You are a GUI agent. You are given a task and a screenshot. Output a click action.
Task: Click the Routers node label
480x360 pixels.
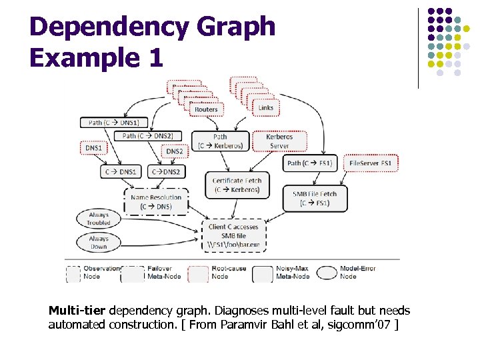(206, 109)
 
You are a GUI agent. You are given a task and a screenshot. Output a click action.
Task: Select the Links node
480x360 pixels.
(266, 107)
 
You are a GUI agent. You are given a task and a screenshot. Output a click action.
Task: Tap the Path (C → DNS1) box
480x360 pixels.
(113, 123)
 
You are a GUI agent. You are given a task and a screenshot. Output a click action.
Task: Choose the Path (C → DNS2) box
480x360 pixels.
(147, 136)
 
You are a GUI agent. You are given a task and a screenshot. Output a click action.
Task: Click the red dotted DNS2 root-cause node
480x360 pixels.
(175, 151)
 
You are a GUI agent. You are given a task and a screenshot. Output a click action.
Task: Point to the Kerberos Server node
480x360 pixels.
(279, 141)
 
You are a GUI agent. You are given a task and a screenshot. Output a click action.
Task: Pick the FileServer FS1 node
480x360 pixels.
(370, 163)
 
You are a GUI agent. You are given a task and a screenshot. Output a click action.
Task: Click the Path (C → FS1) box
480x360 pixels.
(310, 163)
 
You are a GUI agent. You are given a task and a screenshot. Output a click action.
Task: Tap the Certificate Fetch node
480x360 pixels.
(237, 185)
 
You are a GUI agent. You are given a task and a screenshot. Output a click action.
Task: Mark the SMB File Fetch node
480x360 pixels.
(315, 198)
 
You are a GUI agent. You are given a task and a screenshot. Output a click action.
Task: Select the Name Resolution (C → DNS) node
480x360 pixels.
(156, 202)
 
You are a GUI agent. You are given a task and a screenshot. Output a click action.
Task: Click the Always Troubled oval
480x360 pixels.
(99, 219)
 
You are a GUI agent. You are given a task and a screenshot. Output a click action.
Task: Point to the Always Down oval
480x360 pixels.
(99, 242)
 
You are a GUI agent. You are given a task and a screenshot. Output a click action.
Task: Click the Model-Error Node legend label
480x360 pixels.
(358, 272)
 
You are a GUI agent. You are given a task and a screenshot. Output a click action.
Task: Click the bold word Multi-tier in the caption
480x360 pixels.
(77, 311)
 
